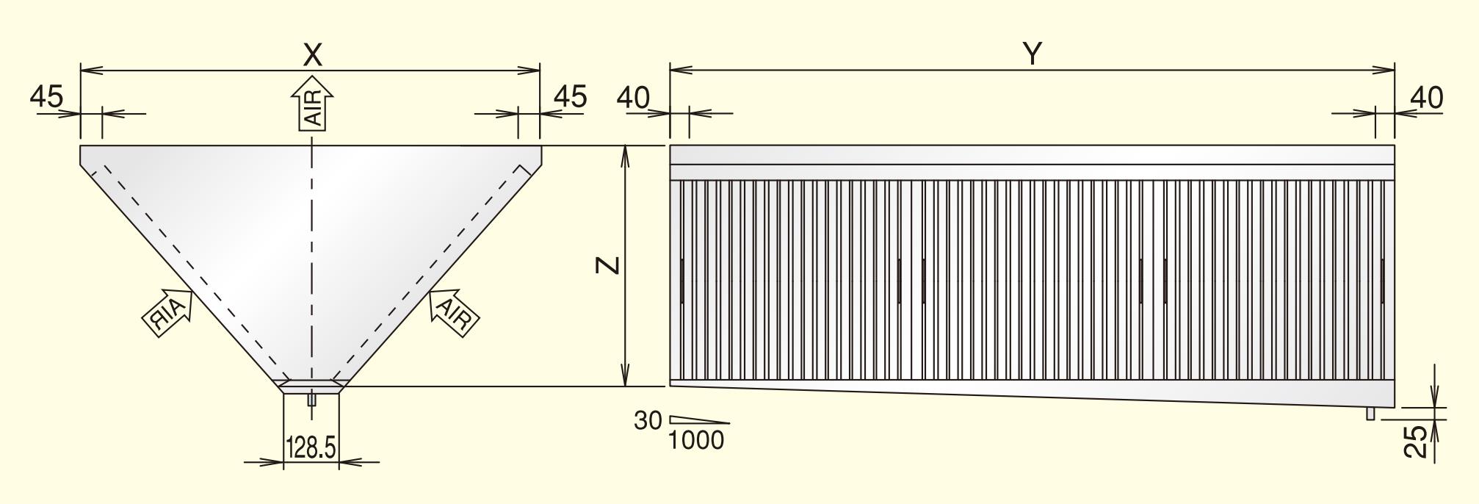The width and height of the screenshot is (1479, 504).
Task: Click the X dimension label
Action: (x=313, y=54)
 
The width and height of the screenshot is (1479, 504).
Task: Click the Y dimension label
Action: (x=1033, y=54)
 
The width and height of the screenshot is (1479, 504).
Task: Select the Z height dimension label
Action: (x=608, y=265)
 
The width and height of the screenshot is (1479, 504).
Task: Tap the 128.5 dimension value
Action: (x=311, y=447)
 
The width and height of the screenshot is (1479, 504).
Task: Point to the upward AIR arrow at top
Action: (x=313, y=104)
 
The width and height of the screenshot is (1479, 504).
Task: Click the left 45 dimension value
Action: (x=47, y=96)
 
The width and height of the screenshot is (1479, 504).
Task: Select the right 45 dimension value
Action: (x=570, y=96)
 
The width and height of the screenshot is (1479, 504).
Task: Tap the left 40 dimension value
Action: (x=634, y=97)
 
